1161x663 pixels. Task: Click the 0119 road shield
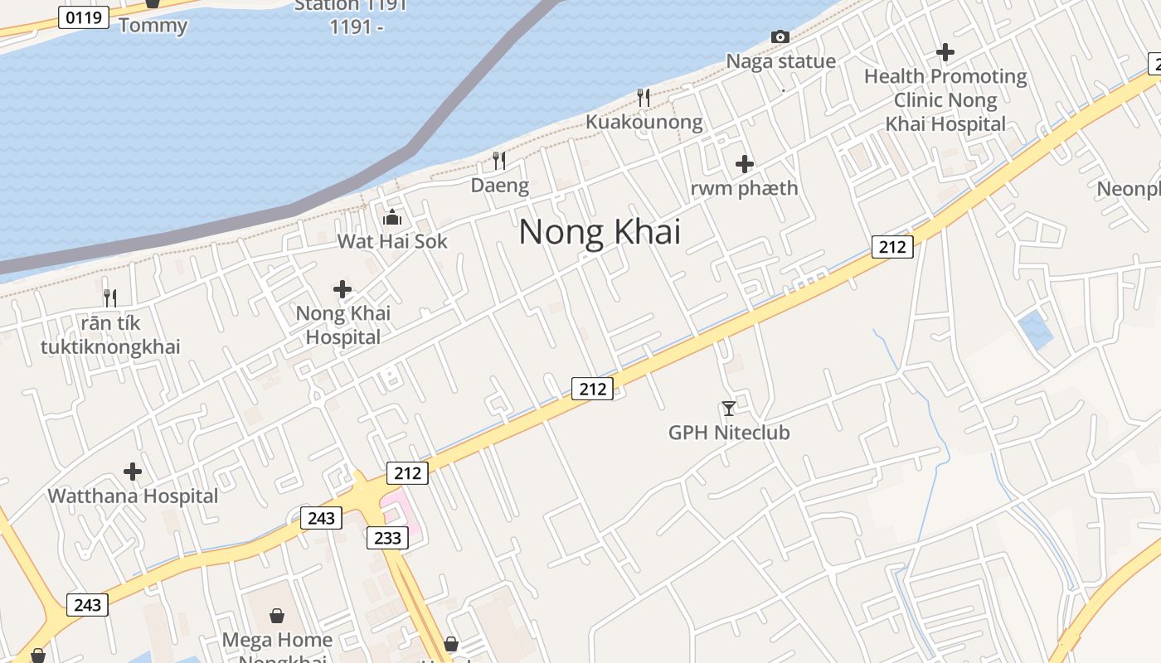coord(84,17)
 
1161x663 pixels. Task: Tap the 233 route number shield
coord(387,538)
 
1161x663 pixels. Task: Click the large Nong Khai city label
coord(600,231)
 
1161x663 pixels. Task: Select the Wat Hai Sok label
coord(391,241)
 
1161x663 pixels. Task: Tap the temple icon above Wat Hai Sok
coord(392,218)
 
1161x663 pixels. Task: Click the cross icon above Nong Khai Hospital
coord(342,289)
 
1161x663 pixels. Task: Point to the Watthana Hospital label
coord(133,496)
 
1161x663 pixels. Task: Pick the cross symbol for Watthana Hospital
coord(133,472)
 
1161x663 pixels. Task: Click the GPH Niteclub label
coord(729,433)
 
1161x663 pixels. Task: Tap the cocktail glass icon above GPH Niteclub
coord(729,408)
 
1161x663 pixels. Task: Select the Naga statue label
coord(780,61)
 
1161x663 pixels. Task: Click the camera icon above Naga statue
coord(780,36)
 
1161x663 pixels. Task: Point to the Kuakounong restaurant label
coord(644,123)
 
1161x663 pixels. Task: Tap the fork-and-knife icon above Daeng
coord(499,160)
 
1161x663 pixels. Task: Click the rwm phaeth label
coord(744,188)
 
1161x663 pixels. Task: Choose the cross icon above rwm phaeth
coord(745,164)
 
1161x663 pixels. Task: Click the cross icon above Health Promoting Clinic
coord(945,52)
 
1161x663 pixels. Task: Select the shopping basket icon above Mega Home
coord(277,616)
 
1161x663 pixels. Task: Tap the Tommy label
coord(153,25)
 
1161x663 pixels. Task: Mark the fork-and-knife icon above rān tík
coord(110,298)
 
